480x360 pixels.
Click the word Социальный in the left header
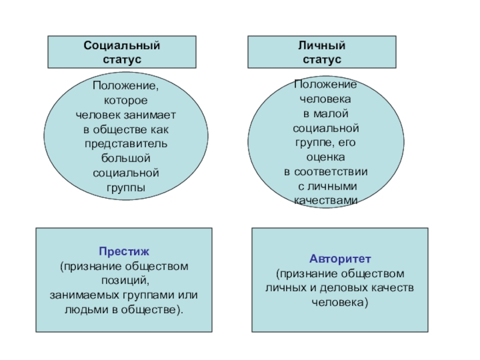122,46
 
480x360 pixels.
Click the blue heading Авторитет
340,259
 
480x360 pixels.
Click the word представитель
125,143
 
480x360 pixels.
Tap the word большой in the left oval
125,158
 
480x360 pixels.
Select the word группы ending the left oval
125,187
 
